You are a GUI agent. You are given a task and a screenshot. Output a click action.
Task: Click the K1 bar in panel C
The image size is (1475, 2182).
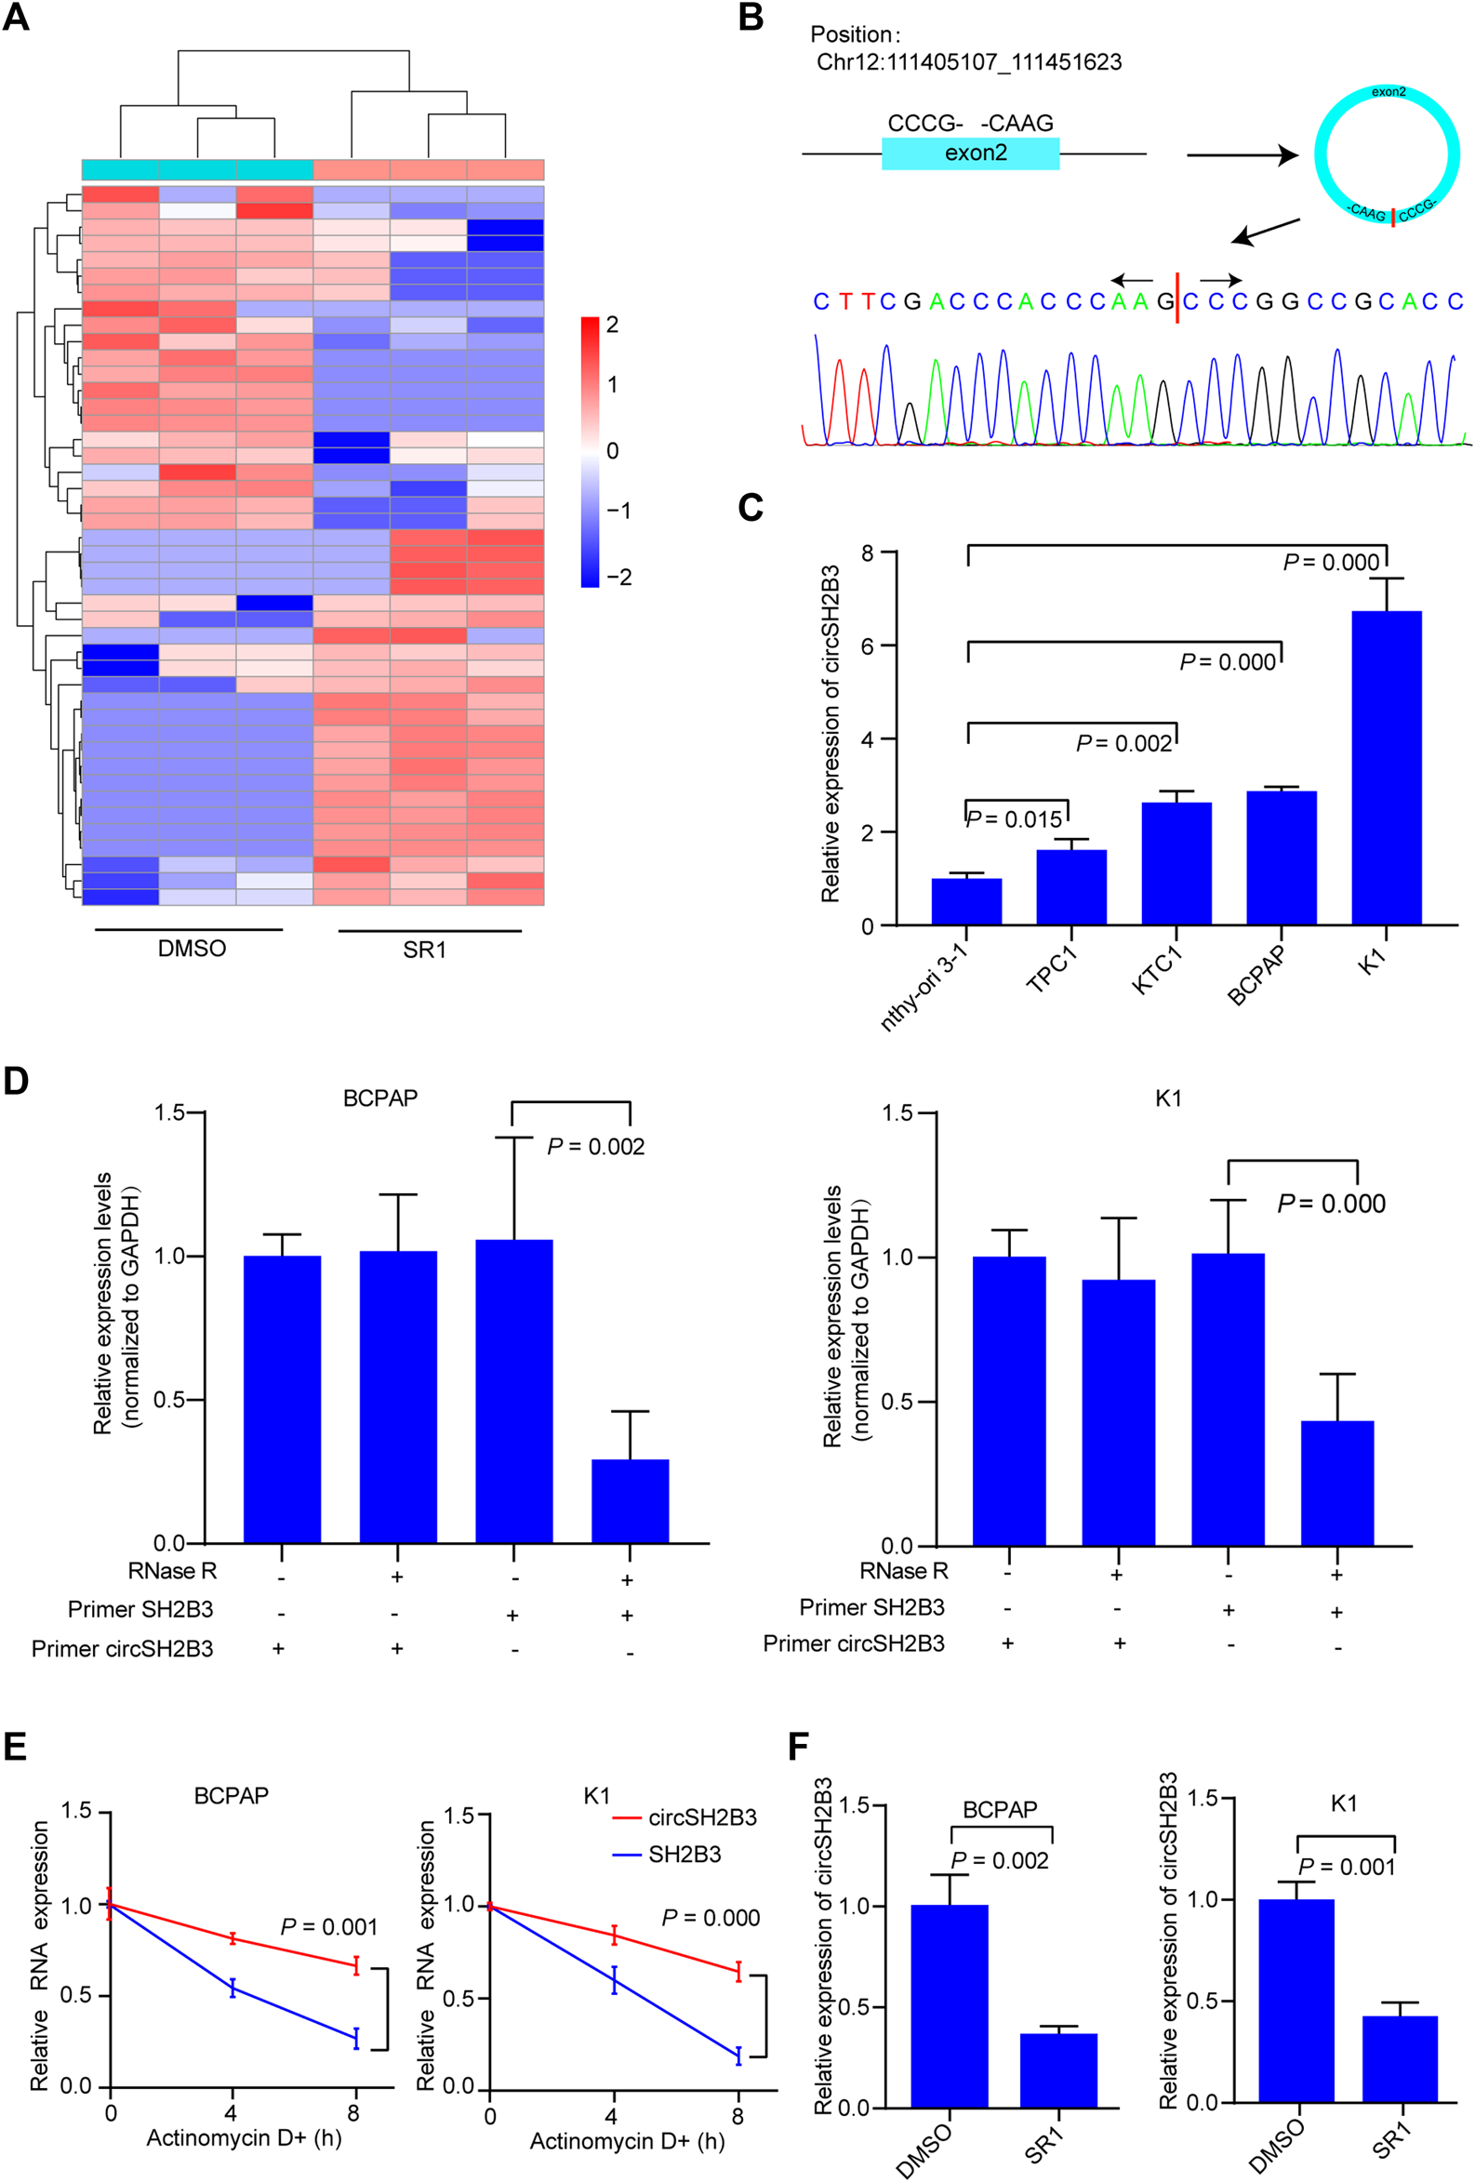tap(1386, 767)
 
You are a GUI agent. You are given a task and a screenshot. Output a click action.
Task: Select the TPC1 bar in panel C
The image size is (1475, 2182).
tap(1071, 886)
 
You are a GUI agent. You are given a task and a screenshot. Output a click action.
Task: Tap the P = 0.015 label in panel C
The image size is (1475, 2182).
tap(1014, 819)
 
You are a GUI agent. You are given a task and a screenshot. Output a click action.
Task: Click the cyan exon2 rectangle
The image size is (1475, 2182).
tap(970, 153)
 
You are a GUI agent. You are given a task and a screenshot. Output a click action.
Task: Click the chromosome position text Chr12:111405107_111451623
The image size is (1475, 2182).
tap(968, 62)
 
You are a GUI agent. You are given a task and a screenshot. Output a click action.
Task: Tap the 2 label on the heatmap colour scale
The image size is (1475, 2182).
tap(612, 325)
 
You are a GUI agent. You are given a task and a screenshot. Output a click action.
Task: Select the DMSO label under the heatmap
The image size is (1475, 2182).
tap(192, 949)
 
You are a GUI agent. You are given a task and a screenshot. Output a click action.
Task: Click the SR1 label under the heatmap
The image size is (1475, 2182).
tap(424, 951)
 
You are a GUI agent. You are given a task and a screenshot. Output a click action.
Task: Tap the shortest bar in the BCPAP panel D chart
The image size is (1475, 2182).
tap(629, 1500)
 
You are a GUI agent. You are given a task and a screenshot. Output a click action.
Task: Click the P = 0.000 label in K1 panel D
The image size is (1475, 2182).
tap(1331, 1204)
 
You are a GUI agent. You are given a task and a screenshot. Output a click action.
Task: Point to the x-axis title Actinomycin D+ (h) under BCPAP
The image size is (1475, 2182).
tap(243, 2138)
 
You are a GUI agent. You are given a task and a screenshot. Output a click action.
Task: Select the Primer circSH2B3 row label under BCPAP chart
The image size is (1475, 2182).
tap(122, 1649)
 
